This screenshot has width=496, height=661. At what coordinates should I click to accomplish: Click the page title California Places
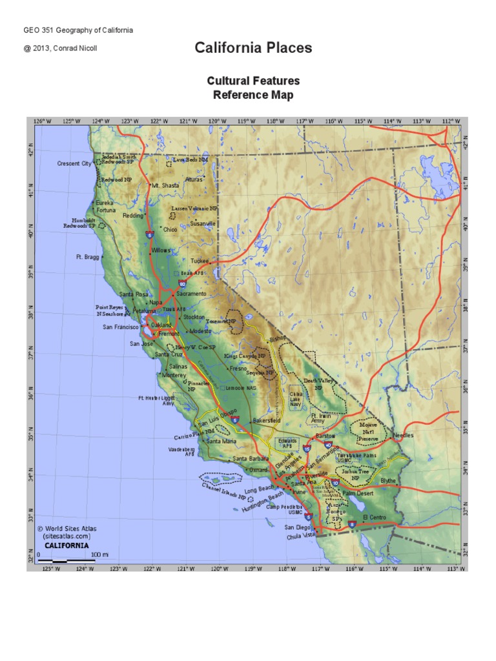[253, 48]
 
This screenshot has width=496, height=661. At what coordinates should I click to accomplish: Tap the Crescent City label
[74, 163]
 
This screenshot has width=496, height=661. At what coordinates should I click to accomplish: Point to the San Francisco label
[121, 327]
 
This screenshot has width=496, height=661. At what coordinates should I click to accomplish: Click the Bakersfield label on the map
[267, 420]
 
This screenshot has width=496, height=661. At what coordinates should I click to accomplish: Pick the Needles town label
[403, 435]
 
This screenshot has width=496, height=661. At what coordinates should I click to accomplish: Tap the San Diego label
[298, 527]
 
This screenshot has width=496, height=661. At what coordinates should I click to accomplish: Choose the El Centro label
[374, 518]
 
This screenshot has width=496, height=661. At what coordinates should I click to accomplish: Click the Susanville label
[202, 223]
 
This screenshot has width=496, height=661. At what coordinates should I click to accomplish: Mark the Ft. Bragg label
[88, 256]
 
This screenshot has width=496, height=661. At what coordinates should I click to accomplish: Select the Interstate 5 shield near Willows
[150, 234]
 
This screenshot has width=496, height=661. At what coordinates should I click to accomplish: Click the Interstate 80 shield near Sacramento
[183, 283]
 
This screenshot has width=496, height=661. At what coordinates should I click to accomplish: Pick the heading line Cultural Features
[253, 81]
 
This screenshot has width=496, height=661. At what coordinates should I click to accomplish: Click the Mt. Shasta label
[165, 185]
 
